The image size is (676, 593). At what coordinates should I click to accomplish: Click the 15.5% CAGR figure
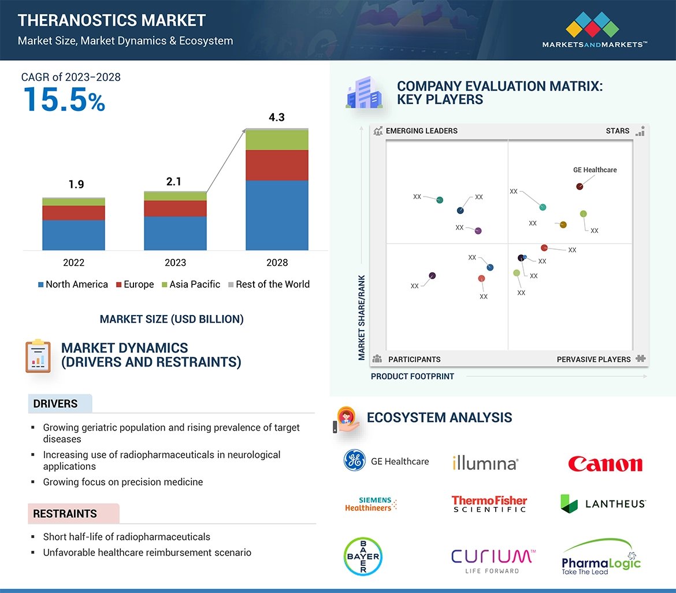click(64, 99)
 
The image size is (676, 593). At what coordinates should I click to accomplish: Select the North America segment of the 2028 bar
click(277, 215)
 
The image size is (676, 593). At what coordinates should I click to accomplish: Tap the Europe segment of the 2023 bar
click(175, 208)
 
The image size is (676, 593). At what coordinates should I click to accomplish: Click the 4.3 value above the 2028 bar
click(277, 117)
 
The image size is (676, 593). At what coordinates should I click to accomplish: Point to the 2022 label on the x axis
click(73, 262)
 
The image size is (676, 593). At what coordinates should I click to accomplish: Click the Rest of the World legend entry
click(269, 284)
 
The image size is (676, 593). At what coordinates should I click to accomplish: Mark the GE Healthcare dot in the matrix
click(580, 186)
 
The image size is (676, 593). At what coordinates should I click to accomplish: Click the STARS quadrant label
click(618, 131)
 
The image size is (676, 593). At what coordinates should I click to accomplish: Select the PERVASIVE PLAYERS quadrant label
click(593, 359)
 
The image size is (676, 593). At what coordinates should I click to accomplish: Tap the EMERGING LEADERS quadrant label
click(421, 131)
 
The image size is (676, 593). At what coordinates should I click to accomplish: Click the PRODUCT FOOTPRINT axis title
click(413, 376)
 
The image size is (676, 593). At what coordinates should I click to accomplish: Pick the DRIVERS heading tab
click(55, 403)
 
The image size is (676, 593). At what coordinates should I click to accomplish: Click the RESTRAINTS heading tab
click(65, 513)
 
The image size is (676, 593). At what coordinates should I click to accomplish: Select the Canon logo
click(605, 464)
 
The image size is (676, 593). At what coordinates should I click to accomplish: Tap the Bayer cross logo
click(362, 557)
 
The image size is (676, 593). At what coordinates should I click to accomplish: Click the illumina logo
click(485, 462)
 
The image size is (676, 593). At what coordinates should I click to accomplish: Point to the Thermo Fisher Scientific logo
click(489, 503)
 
